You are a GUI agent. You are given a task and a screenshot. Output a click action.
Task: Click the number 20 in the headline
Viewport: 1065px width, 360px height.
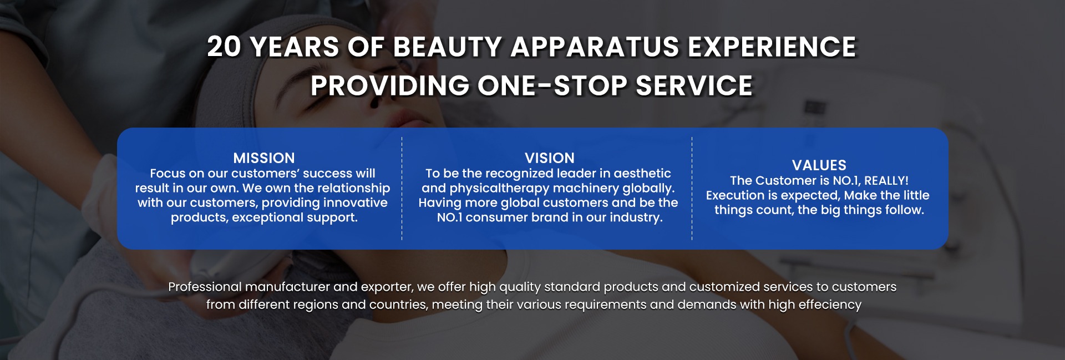pyautogui.click(x=224, y=47)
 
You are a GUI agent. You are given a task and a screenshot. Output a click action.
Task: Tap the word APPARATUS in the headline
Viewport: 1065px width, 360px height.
pyautogui.click(x=594, y=47)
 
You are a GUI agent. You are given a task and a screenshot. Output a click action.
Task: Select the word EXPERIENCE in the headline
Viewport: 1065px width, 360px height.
pyautogui.click(x=772, y=47)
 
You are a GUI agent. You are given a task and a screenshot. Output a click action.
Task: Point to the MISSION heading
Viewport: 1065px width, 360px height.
pyautogui.click(x=264, y=158)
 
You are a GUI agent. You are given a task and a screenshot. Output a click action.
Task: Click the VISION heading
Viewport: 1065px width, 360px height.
pyautogui.click(x=550, y=158)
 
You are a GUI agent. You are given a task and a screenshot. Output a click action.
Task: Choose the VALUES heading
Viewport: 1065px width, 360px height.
pyautogui.click(x=819, y=165)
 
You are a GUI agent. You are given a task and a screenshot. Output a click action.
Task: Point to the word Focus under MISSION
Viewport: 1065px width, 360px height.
pyautogui.click(x=168, y=174)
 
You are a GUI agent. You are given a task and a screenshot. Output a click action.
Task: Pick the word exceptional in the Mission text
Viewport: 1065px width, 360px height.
pyautogui.click(x=263, y=217)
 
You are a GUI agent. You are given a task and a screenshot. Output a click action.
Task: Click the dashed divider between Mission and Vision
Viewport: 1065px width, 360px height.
pyautogui.click(x=402, y=189)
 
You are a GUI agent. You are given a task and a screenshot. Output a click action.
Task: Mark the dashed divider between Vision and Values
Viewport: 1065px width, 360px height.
pyautogui.click(x=692, y=189)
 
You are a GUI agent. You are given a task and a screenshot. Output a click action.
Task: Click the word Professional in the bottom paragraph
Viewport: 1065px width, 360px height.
pyautogui.click(x=205, y=287)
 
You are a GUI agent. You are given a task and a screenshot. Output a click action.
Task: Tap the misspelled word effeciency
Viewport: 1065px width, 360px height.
pyautogui.click(x=830, y=305)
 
